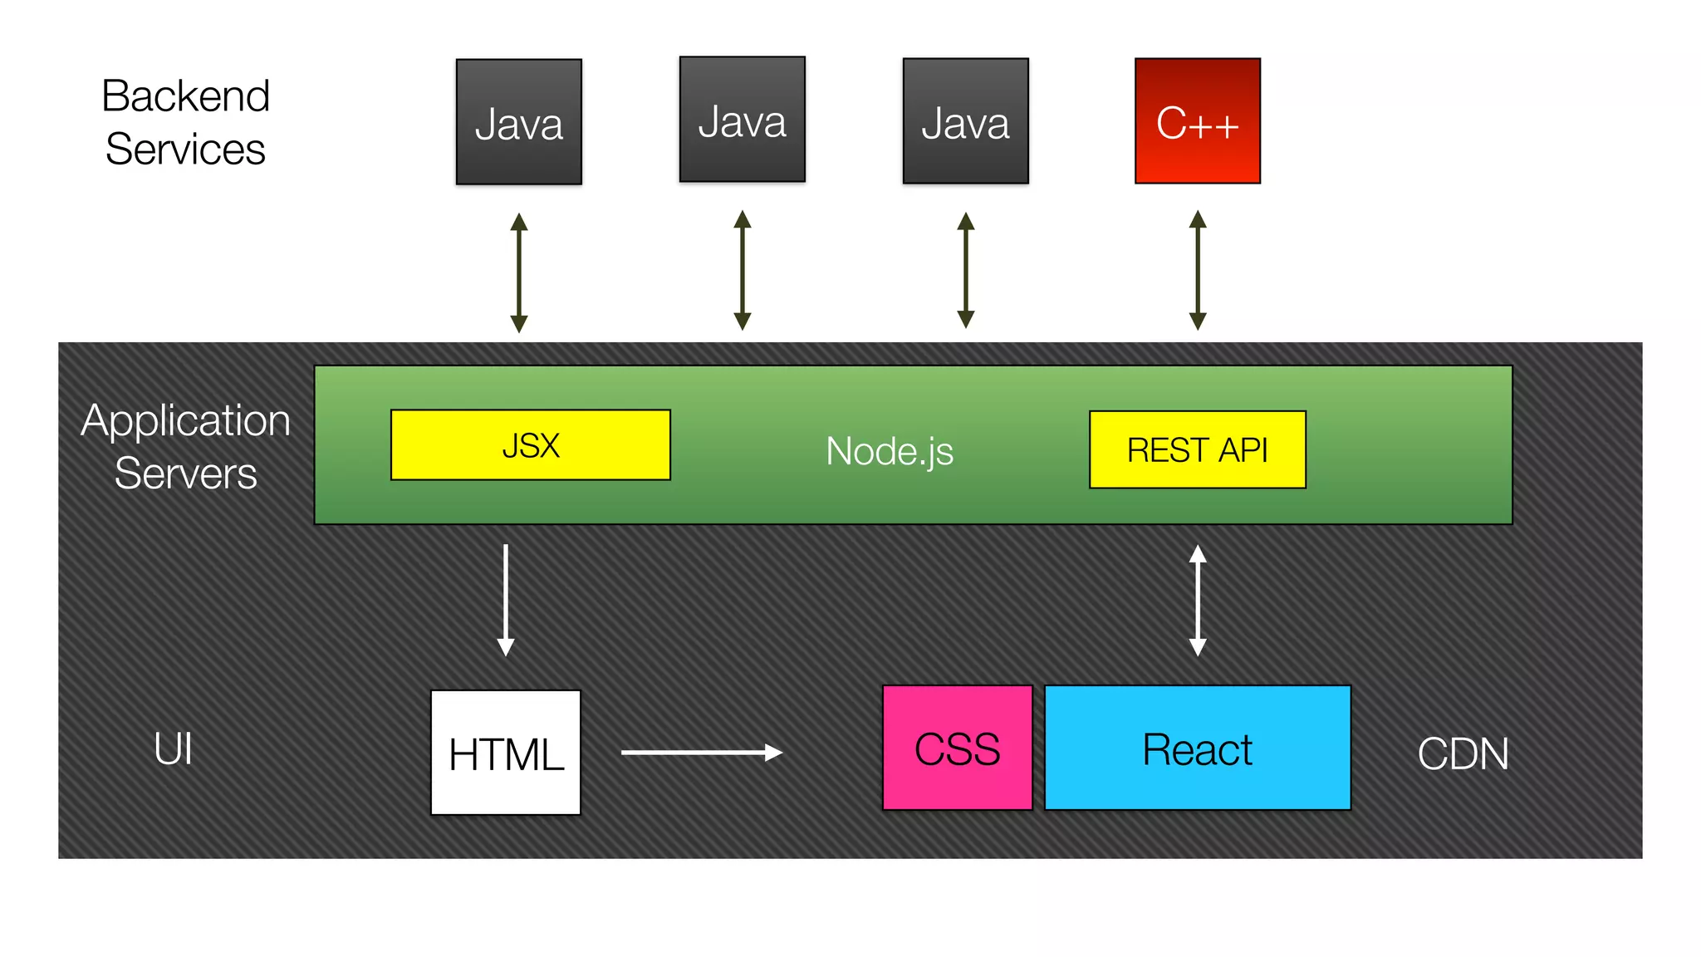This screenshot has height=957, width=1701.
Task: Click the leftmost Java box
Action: point(518,122)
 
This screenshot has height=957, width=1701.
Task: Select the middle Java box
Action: point(742,120)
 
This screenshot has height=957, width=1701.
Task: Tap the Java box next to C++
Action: point(965,121)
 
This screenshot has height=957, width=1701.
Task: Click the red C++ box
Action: point(1197,121)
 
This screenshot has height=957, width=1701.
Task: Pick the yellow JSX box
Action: point(530,445)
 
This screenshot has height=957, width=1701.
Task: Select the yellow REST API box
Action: point(1197,449)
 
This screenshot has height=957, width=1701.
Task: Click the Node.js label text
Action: point(889,452)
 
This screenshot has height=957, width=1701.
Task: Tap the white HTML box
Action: point(505,753)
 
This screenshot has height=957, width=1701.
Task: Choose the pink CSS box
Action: point(957,748)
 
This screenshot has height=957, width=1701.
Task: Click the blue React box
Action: point(1197,748)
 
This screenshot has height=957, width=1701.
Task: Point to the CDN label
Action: point(1463,754)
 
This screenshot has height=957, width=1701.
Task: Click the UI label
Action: point(173,748)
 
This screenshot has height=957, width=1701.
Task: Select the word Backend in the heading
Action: point(185,96)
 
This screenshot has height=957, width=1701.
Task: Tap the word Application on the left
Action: point(185,420)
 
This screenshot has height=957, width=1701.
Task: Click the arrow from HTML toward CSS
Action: point(702,753)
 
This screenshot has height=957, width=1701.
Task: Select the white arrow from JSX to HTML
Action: point(505,600)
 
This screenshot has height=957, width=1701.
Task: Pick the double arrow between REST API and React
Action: point(1197,600)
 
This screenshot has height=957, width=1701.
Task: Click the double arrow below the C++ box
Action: point(1197,270)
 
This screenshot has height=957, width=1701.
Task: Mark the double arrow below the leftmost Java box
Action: point(519,272)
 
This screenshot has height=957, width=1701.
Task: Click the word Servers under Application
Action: point(185,474)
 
